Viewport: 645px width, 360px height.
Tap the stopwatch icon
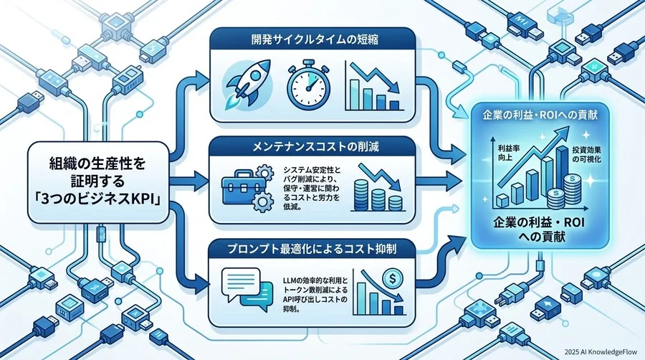(308, 86)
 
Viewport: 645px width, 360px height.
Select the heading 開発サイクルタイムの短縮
(315, 40)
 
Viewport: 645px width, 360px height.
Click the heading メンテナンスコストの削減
(315, 146)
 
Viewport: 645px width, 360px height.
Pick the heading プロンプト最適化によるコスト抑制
(312, 249)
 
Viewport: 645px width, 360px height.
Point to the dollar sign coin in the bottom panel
(391, 279)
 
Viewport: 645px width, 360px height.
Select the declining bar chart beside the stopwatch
(373, 86)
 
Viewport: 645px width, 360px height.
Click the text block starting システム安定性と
(312, 188)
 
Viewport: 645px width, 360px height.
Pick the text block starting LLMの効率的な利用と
(315, 295)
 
